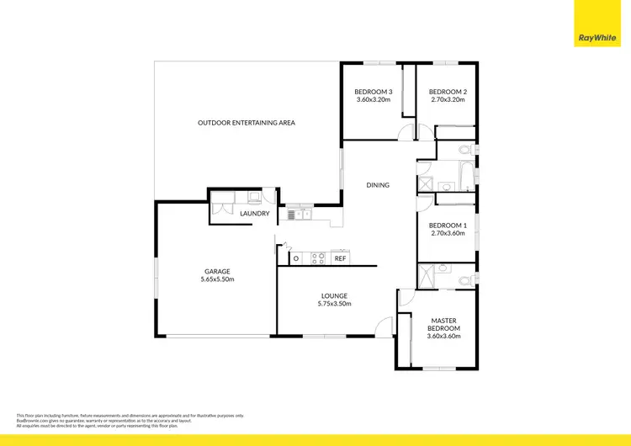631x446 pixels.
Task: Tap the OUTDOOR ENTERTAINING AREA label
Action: [x=247, y=123]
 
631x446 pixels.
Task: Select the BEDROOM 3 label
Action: [x=374, y=91]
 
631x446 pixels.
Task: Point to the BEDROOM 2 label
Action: [x=448, y=91]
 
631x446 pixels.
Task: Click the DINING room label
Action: [x=378, y=185]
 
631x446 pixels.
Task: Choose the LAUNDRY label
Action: [x=255, y=214]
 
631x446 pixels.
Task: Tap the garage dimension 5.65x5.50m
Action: [x=218, y=279]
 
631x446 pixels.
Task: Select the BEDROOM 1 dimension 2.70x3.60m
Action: [x=447, y=232]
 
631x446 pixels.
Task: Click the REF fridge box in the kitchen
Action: [x=340, y=258]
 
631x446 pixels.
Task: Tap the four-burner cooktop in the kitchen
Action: [x=319, y=258]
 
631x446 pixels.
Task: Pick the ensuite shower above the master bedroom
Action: [x=427, y=273]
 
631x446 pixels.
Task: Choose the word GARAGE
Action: [x=217, y=271]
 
